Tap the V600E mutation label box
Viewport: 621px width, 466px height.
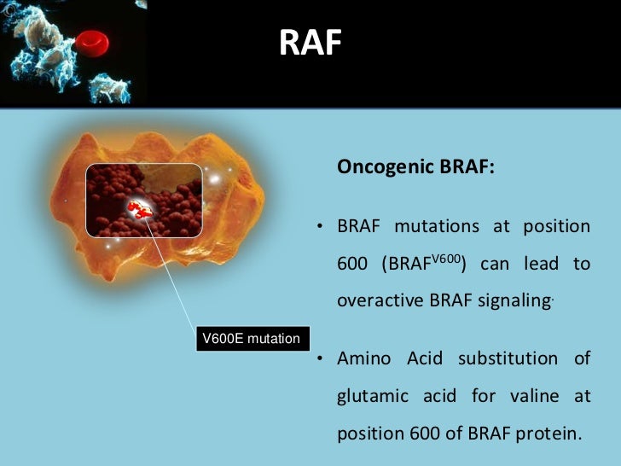(250, 339)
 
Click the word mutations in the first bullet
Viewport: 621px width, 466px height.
(438, 227)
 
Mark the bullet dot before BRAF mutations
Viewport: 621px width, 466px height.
(317, 228)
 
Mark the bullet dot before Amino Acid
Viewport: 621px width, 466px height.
(317, 359)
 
